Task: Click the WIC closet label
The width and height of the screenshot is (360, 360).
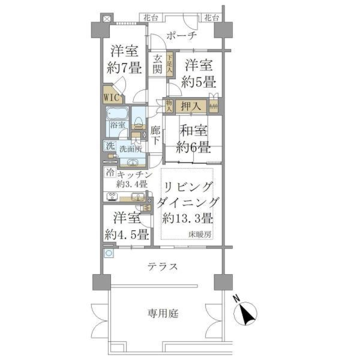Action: (111, 98)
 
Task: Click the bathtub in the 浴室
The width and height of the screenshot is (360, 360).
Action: (117, 113)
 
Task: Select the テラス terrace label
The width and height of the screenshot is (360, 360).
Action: (162, 267)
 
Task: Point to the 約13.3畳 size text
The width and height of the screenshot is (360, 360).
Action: (187, 218)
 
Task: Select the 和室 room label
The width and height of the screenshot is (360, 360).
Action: (194, 132)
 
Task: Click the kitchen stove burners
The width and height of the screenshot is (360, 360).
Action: (112, 196)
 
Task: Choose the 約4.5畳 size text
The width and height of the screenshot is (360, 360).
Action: (127, 235)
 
